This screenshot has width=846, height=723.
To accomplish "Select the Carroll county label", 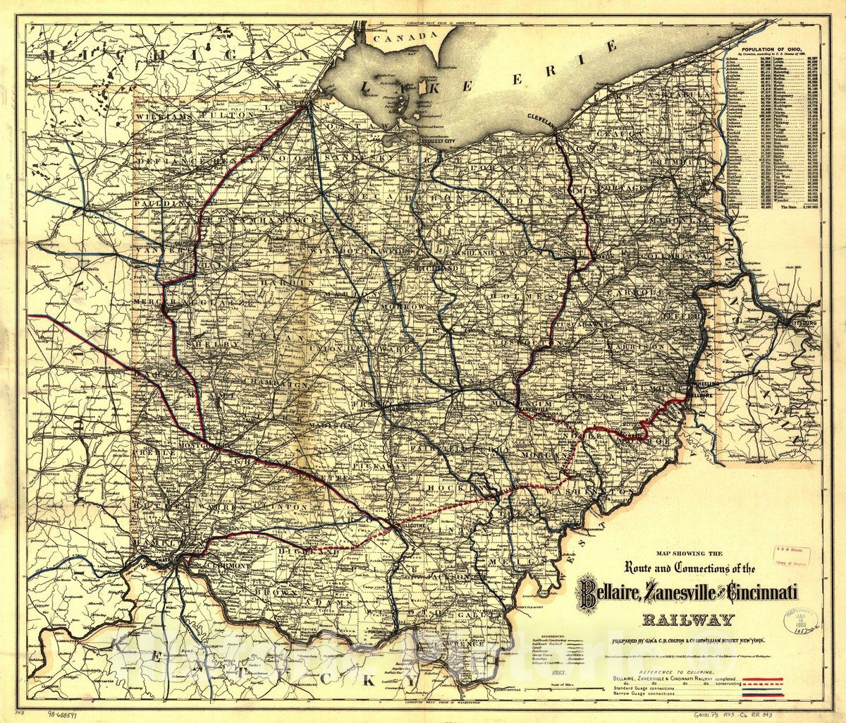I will tap(637, 291).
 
